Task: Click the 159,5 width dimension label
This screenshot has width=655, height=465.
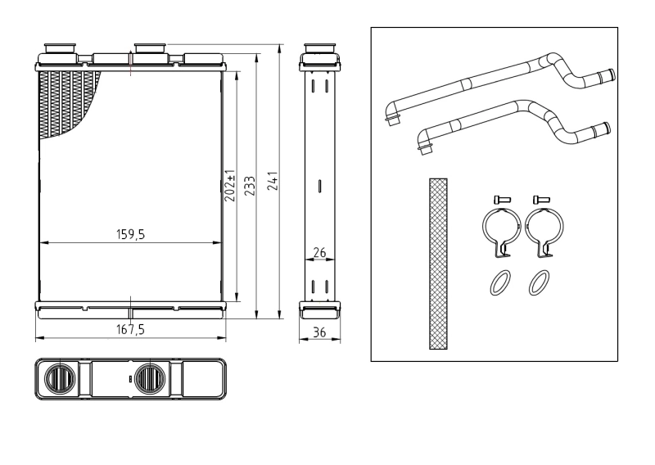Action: tap(130, 234)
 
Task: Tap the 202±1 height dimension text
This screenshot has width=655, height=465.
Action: tap(230, 186)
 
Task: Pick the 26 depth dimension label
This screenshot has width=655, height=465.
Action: tap(319, 252)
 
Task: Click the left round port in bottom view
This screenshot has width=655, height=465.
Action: tap(61, 378)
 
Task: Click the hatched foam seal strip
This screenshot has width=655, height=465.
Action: tap(439, 263)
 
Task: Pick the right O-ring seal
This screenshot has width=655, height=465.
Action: tap(539, 282)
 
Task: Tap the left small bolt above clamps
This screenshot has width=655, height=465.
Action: tap(501, 198)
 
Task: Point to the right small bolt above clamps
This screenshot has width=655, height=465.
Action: tap(540, 198)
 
